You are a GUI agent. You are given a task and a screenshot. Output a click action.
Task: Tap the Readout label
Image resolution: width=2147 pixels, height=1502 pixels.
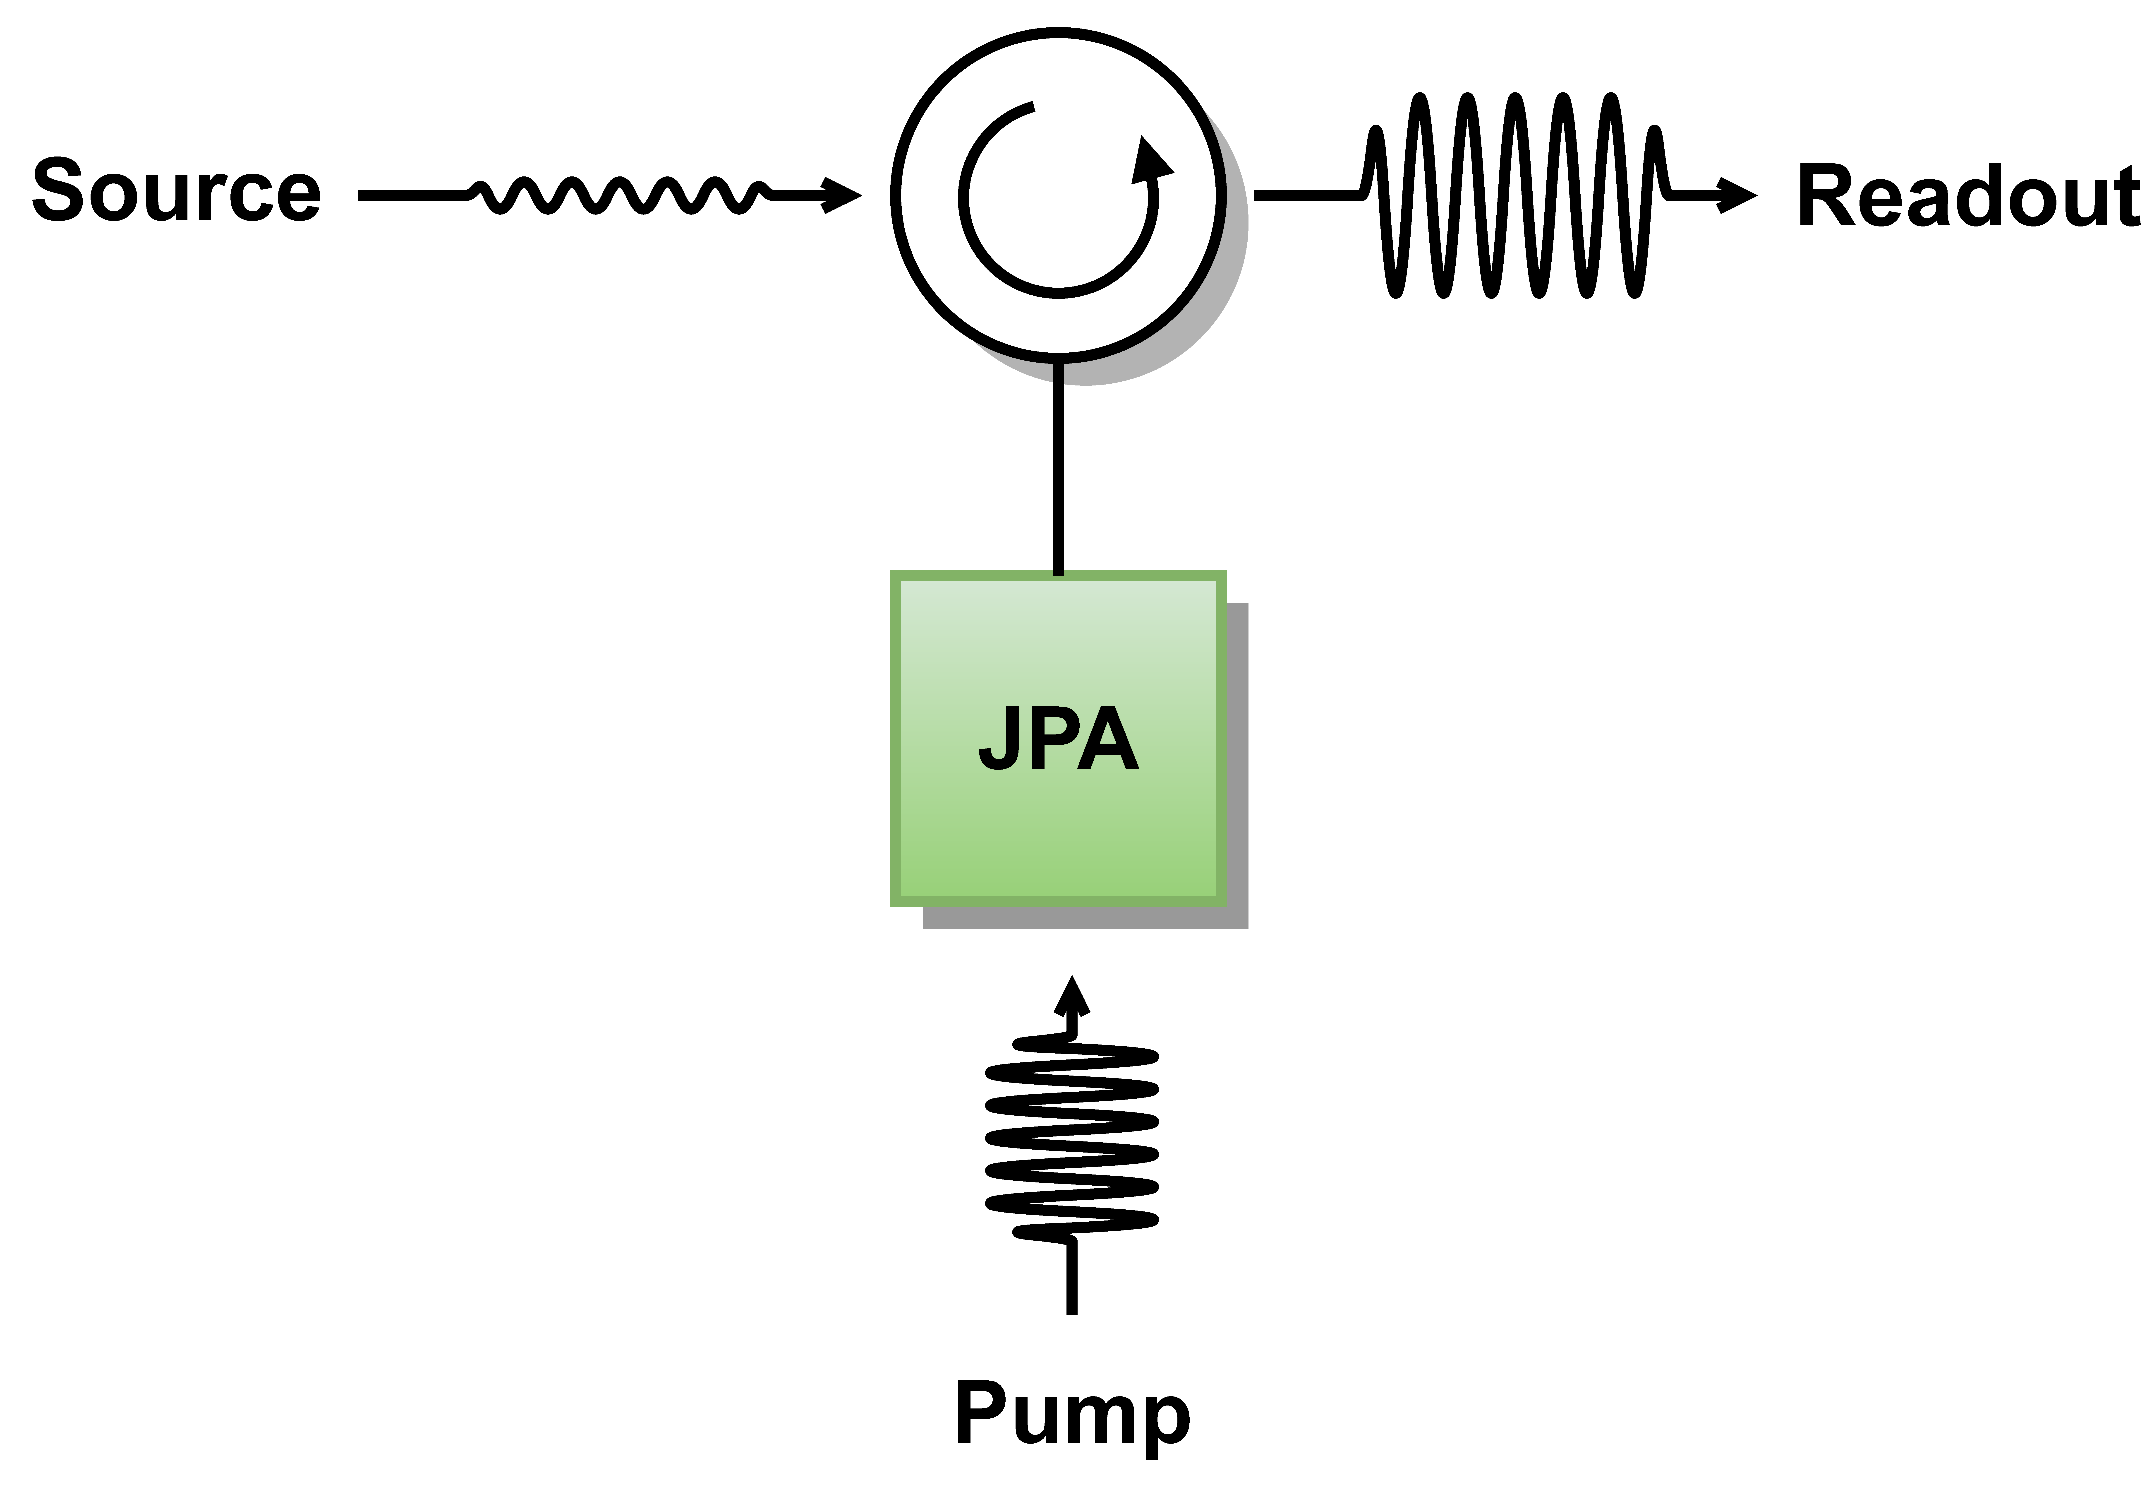pos(1968,196)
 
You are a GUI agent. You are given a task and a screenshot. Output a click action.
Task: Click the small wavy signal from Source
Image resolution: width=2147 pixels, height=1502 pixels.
pos(617,195)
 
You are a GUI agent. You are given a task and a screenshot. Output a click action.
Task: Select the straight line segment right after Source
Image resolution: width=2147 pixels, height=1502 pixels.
pos(411,195)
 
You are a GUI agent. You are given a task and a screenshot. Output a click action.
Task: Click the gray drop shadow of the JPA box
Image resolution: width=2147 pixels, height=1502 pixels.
pos(1236,767)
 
